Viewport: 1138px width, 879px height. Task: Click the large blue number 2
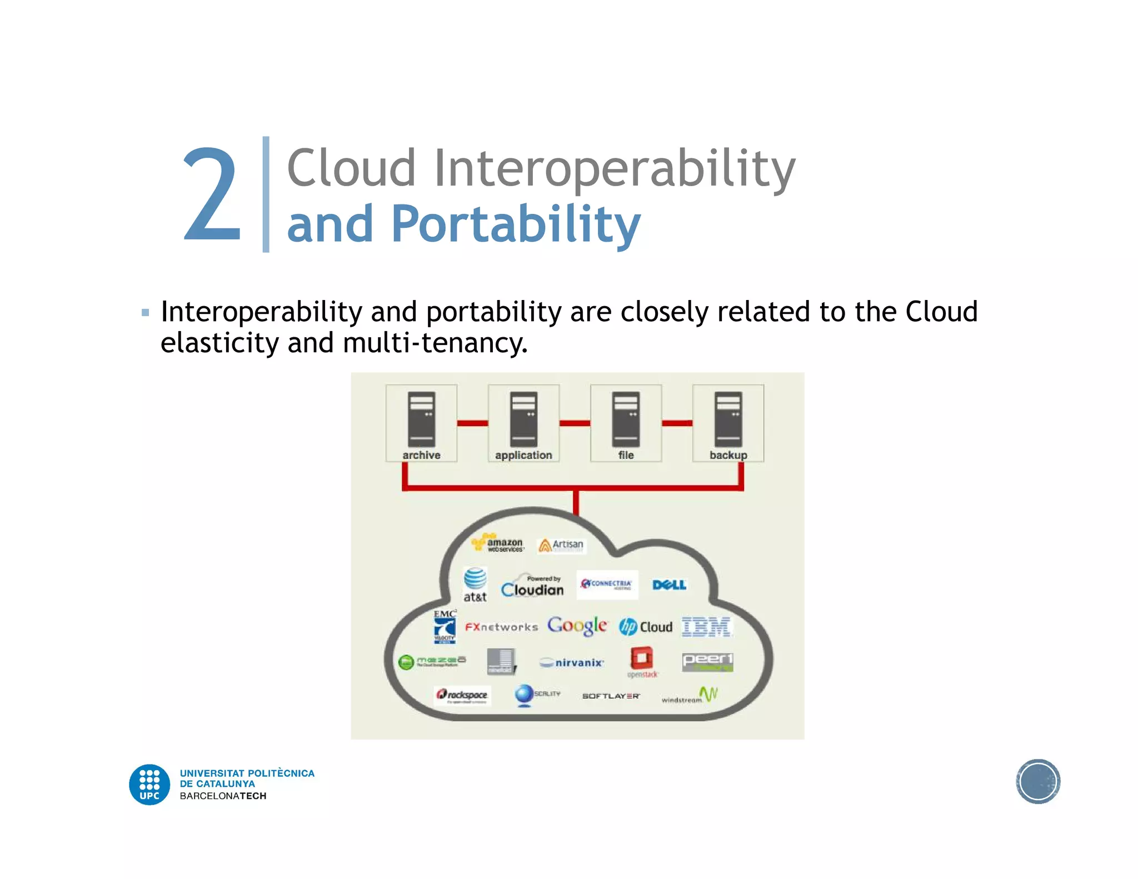click(212, 194)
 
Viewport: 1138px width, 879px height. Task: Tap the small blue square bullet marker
click(146, 313)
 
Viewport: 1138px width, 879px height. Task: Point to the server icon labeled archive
click(421, 419)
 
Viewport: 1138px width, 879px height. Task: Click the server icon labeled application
click(523, 419)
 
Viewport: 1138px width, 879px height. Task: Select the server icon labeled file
click(626, 419)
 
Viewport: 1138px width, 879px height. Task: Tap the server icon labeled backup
click(728, 419)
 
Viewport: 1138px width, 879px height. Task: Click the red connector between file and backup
click(677, 423)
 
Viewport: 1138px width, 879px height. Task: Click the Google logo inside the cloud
click(577, 626)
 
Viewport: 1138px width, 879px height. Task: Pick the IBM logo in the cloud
click(706, 627)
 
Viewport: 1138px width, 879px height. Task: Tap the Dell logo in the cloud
click(669, 585)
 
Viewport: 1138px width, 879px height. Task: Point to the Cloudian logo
click(532, 587)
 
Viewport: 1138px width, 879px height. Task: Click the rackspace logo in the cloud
click(462, 695)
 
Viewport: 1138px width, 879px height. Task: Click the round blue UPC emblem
click(149, 785)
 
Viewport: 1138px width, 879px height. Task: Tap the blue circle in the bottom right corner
click(1038, 781)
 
